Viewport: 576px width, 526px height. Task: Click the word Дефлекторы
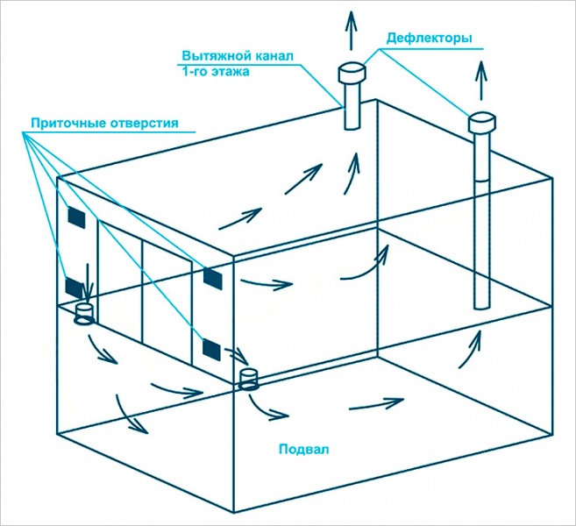[x=430, y=39]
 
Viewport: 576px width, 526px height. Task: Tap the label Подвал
[x=302, y=450]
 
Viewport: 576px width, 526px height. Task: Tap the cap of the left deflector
[x=353, y=72]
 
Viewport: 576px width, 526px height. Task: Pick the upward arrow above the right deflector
[x=480, y=82]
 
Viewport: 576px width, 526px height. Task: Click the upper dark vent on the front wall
[x=213, y=278]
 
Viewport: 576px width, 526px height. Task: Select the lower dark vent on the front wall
[x=213, y=349]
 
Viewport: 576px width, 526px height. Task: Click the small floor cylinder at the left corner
[x=85, y=313]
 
